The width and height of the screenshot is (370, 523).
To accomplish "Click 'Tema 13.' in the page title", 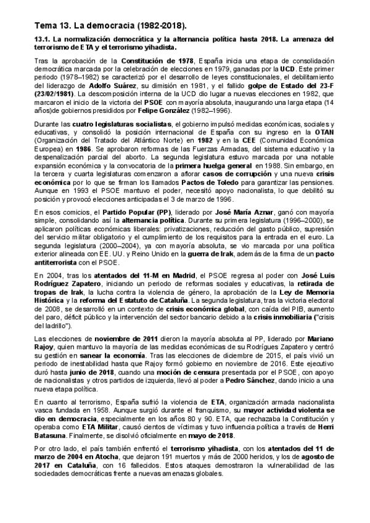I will coord(53,25).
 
